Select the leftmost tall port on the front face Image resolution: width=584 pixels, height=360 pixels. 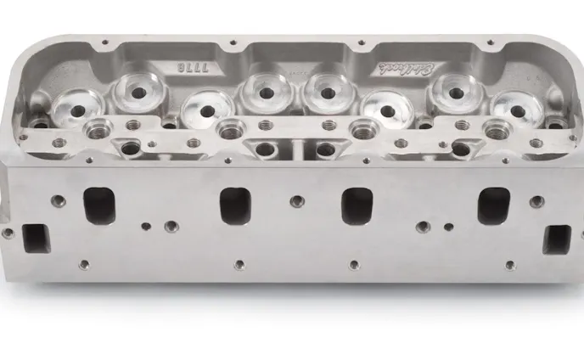tap(99, 205)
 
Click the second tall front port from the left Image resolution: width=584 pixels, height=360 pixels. tap(233, 205)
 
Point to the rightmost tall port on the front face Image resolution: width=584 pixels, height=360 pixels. tap(492, 205)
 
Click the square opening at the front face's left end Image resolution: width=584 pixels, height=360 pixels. tap(36, 239)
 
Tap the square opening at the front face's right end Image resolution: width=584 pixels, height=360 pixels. tap(557, 239)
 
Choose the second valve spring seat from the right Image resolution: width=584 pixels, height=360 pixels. tap(452, 89)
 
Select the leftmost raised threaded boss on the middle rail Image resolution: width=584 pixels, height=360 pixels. tap(96, 130)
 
